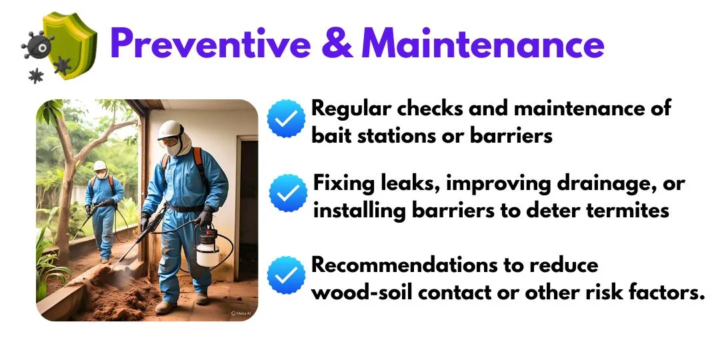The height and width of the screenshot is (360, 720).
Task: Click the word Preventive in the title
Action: [211, 43]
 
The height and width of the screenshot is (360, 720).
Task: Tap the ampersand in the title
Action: [337, 43]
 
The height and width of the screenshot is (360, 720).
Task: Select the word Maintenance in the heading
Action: [483, 43]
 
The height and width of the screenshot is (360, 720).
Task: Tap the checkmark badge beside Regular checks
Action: [286, 119]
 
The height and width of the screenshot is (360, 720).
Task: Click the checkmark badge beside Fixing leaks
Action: [288, 193]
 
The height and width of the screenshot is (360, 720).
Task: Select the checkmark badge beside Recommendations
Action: [286, 275]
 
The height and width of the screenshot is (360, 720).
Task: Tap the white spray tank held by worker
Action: [208, 249]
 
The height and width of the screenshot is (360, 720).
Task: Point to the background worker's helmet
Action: [99, 165]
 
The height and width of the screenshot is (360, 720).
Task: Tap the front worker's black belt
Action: [184, 208]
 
